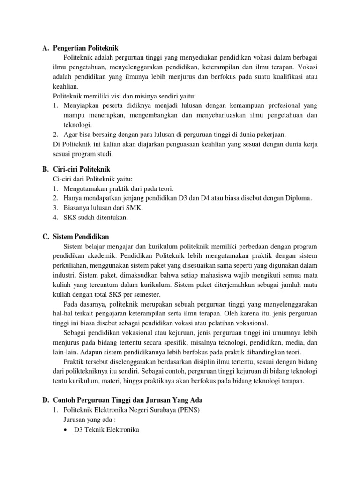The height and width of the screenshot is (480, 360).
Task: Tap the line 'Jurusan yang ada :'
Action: point(89,420)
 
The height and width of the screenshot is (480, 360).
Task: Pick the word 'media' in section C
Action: point(294,343)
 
